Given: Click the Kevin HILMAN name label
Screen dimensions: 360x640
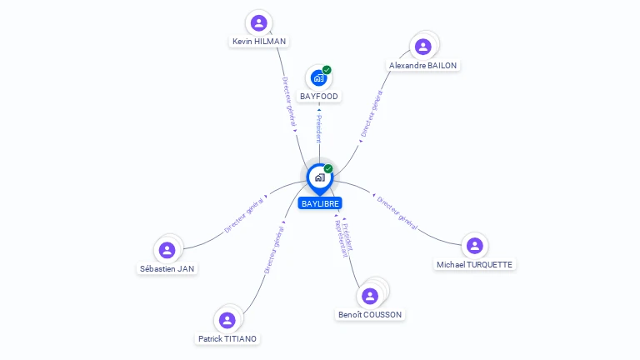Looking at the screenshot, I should point(258,41).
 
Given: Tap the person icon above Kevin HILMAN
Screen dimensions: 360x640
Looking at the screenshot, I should point(258,22).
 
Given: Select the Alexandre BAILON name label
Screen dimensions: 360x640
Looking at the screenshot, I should point(423,65).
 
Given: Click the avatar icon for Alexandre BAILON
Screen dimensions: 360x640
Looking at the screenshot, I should point(422,47).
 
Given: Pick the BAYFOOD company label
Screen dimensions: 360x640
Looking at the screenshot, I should point(319,97).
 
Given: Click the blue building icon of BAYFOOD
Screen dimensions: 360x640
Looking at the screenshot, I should point(317,78).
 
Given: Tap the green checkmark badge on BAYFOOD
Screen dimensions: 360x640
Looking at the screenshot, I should point(327,70).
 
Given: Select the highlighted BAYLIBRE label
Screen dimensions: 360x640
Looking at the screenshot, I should point(320,203).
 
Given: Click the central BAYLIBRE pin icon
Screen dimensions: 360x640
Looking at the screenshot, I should point(318,177).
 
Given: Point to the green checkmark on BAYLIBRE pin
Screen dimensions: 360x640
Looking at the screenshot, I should point(328,168).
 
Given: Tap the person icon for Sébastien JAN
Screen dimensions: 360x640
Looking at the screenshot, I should point(167,249).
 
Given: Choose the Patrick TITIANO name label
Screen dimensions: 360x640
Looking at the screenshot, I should point(227,338).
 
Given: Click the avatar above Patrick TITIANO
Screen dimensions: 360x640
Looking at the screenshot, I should point(227,320).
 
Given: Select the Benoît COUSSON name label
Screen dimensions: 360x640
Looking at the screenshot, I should point(370,314).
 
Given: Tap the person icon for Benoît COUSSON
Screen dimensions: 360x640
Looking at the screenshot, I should point(370,296).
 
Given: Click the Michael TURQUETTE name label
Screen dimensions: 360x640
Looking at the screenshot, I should point(475,264).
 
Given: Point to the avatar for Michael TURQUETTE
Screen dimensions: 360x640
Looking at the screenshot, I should point(474,245).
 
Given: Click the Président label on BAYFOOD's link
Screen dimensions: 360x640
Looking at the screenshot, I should point(317,128).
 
